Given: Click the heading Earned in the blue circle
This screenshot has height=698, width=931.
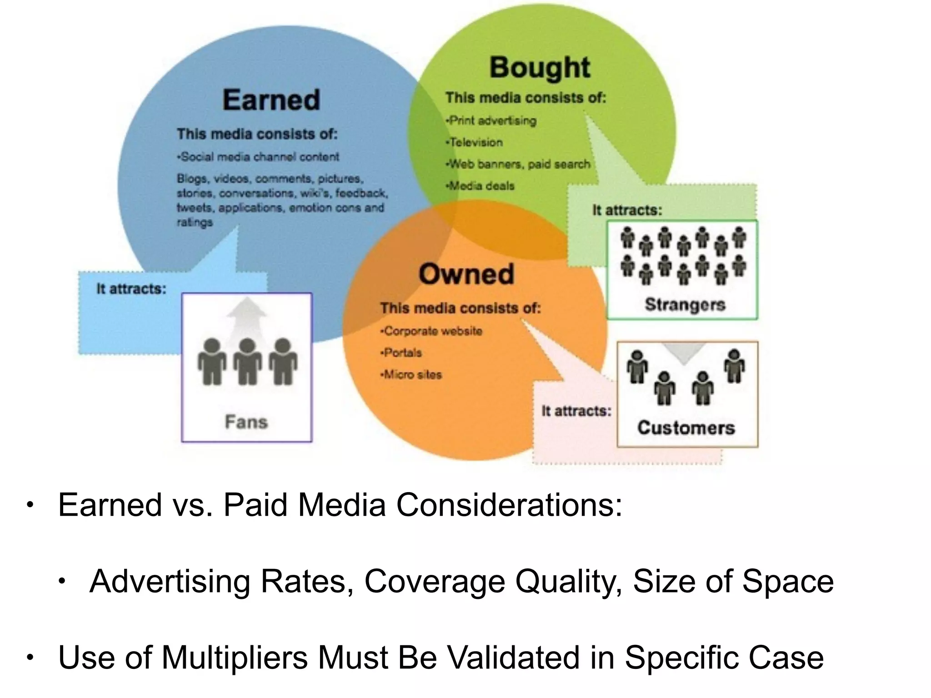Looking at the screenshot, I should (271, 100).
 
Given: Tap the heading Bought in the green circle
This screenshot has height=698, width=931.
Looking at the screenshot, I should (540, 68).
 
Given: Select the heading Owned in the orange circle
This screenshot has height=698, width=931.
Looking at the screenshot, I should (466, 274).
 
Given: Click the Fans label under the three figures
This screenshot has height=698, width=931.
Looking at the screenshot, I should (246, 422).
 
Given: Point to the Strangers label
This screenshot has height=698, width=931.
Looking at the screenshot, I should (685, 304).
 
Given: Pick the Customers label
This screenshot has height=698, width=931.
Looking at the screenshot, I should (686, 428).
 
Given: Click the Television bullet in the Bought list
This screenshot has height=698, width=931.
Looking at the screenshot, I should (476, 142).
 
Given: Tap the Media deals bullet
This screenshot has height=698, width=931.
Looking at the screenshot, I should (481, 186).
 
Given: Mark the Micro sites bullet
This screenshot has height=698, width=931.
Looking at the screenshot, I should (412, 374).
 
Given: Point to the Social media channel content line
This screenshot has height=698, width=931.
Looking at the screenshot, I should (259, 157).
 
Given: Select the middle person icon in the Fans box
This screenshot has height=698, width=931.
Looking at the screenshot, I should (247, 362).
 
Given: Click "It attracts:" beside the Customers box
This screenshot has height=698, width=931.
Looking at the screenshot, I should (576, 411).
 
